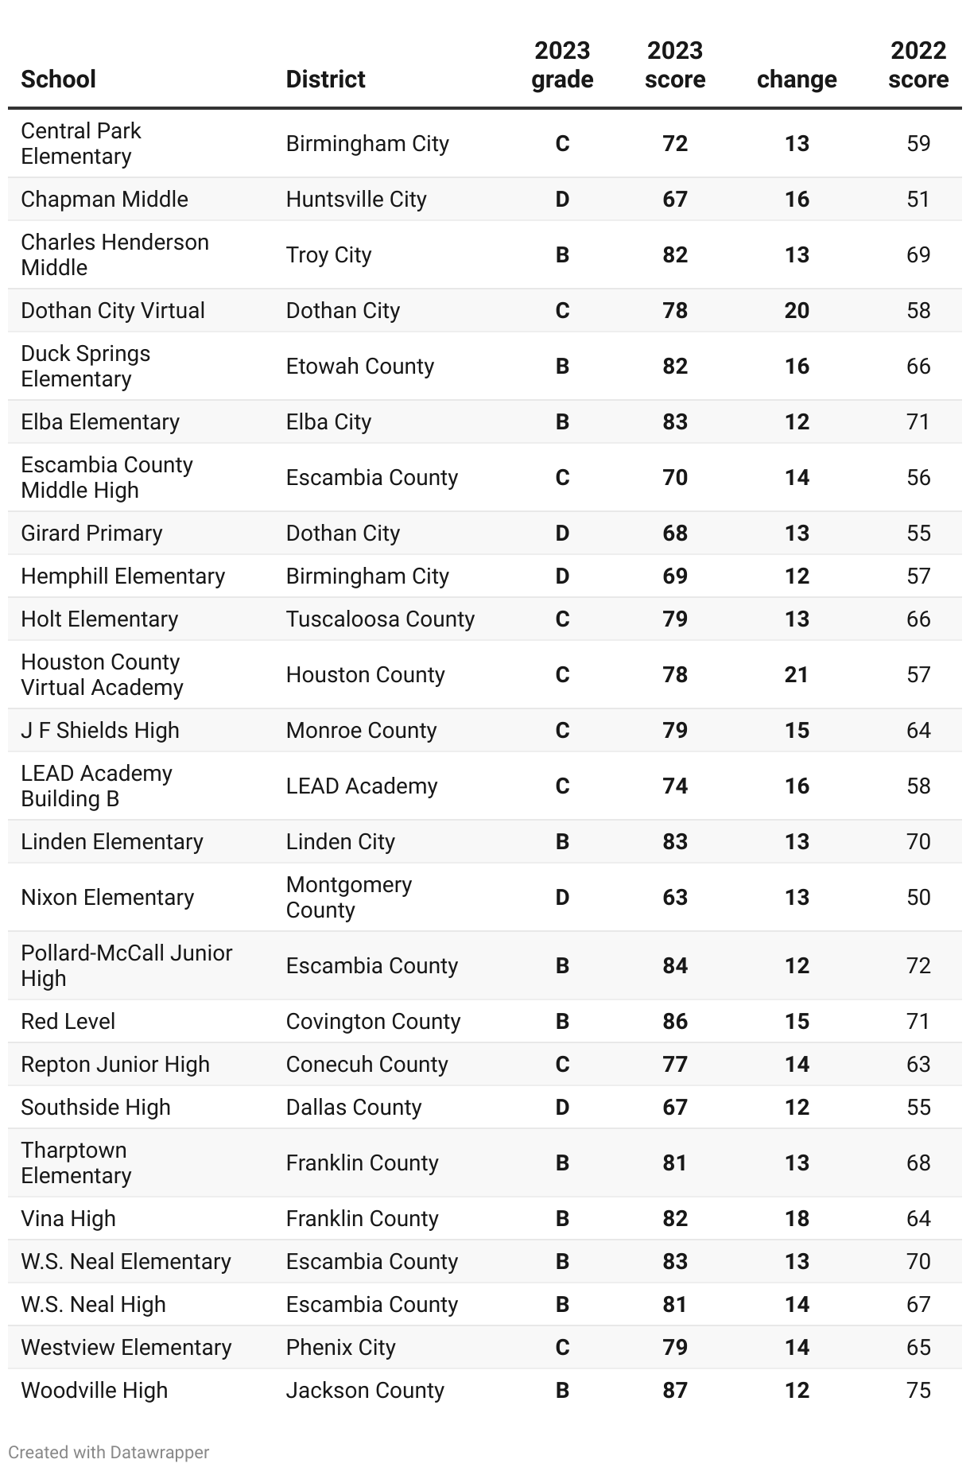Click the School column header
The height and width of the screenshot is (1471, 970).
(58, 80)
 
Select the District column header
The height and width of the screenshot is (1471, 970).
(325, 80)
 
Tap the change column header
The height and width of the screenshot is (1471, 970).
(797, 80)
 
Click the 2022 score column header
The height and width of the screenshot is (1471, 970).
(918, 65)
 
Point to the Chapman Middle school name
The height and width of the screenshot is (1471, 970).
(104, 199)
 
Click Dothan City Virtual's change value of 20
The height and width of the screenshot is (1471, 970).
(797, 310)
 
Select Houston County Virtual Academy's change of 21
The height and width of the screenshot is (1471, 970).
(797, 674)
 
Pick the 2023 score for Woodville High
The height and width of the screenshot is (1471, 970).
(675, 1390)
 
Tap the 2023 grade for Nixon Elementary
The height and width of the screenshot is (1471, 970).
(562, 897)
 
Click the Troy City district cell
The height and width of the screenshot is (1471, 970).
(328, 254)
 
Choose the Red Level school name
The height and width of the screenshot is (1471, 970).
(68, 1021)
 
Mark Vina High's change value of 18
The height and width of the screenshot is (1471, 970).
(797, 1218)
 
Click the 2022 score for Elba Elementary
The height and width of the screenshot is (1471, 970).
(918, 421)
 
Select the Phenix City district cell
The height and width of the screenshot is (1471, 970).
(340, 1347)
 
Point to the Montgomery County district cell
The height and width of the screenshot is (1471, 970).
(348, 897)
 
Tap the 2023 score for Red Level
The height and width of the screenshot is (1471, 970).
(675, 1021)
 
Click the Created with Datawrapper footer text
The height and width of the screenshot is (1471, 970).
(108, 1452)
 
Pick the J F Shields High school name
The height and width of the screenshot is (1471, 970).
(99, 730)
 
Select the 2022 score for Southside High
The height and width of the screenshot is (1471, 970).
(918, 1107)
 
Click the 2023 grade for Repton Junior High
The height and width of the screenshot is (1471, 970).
(562, 1064)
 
